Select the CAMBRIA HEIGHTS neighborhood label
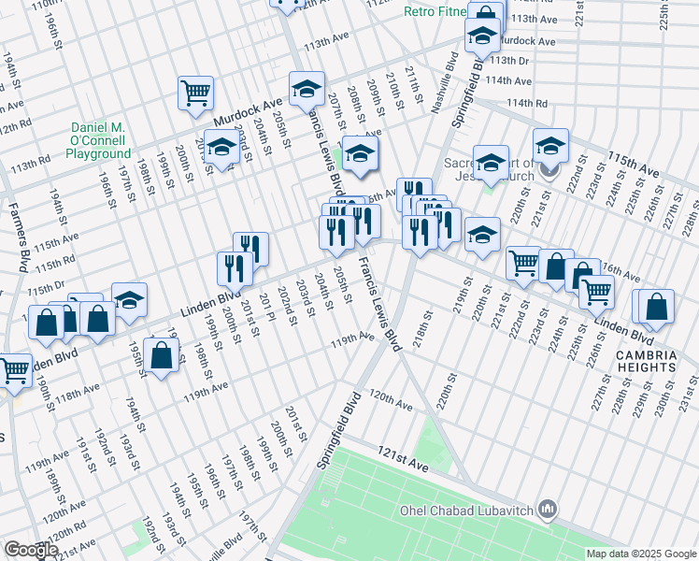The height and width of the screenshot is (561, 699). click(645, 361)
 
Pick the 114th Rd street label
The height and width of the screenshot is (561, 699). click(525, 103)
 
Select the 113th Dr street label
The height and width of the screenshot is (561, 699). click(510, 62)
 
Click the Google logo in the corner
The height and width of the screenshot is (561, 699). click(30, 550)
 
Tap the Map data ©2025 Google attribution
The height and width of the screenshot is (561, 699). click(640, 554)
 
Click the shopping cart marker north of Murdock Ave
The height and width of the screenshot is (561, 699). click(196, 92)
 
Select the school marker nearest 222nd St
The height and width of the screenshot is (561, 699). click(551, 145)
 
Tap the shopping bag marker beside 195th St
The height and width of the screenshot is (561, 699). click(162, 354)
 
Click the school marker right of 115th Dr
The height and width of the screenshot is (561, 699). click(130, 299)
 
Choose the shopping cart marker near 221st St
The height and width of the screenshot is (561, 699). click(523, 263)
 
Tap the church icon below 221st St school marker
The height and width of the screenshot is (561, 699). click(550, 171)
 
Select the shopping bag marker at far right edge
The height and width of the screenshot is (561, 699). click(657, 307)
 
